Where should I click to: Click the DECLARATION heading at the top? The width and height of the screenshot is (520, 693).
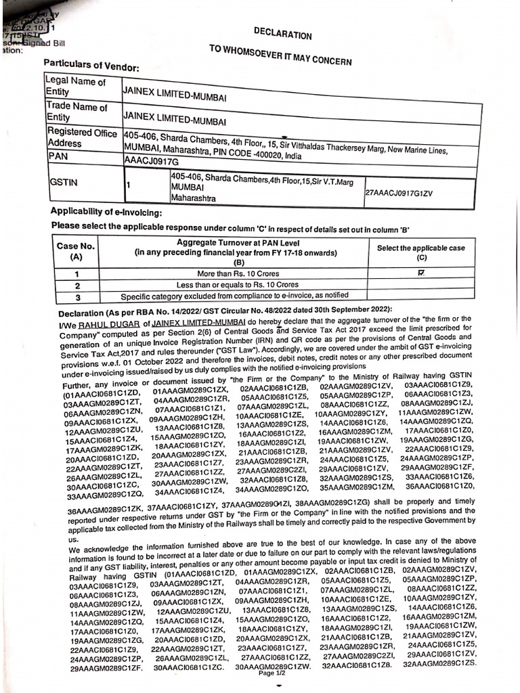tap(282, 34)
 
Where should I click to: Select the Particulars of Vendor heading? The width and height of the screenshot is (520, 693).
tap(91, 66)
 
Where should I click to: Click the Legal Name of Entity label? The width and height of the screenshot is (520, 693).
tap(75, 87)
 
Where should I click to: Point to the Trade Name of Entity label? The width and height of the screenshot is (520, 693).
tap(76, 112)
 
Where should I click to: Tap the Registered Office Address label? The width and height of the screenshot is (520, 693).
tap(81, 138)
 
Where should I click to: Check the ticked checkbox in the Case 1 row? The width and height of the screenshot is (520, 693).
tap(421, 273)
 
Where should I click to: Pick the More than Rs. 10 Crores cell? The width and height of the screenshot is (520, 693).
tap(238, 274)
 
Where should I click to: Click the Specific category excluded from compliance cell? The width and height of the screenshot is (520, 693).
tap(234, 296)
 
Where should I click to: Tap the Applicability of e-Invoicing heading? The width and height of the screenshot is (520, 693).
tap(106, 213)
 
